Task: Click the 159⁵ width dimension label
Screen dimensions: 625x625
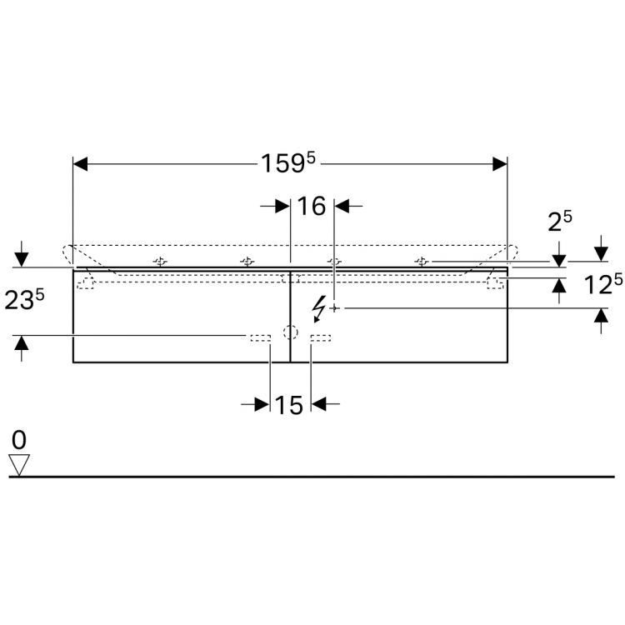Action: click(x=287, y=162)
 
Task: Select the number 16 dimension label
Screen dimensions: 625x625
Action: click(x=312, y=206)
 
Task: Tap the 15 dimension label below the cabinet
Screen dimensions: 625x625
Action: click(x=289, y=405)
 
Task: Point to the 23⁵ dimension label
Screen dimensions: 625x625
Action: click(x=24, y=299)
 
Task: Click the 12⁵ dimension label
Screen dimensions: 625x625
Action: click(x=603, y=284)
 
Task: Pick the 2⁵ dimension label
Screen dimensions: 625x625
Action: click(x=560, y=221)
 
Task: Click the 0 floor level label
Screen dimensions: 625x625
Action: click(x=19, y=440)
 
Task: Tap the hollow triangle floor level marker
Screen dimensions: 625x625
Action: click(x=19, y=465)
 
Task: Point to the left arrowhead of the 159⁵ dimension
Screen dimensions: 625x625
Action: click(x=80, y=164)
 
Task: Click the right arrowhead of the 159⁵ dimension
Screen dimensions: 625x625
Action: click(x=500, y=164)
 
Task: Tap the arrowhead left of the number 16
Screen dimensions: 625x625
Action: click(x=282, y=206)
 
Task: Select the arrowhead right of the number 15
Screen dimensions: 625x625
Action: click(x=319, y=404)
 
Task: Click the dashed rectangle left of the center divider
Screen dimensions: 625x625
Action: click(x=261, y=338)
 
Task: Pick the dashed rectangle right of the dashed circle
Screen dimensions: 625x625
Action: click(x=321, y=338)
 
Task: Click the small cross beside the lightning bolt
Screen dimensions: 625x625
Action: click(x=335, y=308)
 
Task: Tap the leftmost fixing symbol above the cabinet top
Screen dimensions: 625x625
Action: click(x=160, y=262)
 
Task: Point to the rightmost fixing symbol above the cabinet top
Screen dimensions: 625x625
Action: click(x=422, y=262)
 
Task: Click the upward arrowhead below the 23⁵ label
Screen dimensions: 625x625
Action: click(x=22, y=343)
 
